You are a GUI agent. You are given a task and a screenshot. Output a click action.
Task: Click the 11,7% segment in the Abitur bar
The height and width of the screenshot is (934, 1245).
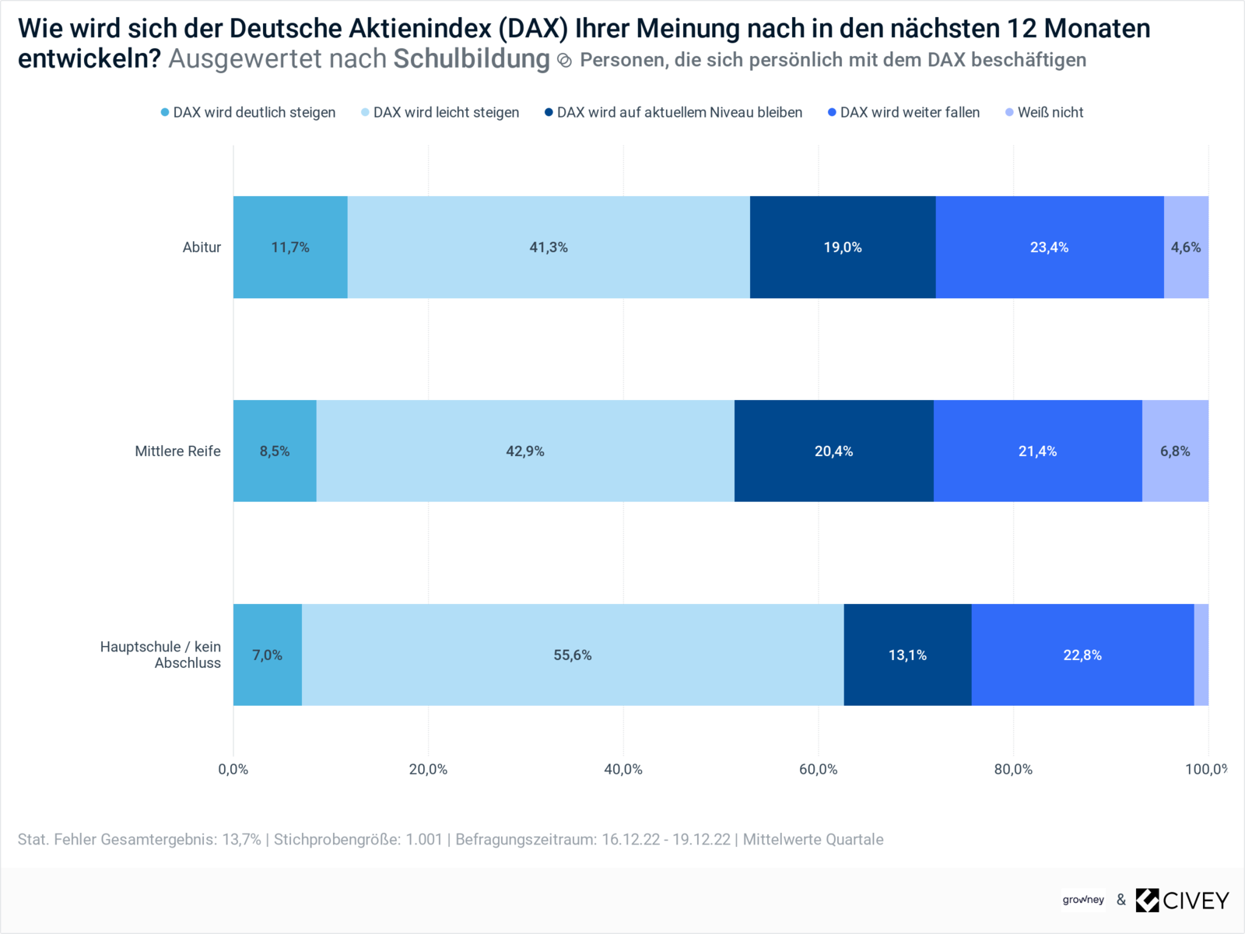click(x=290, y=248)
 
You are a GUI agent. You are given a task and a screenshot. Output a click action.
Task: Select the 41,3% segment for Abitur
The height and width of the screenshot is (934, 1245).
click(x=549, y=248)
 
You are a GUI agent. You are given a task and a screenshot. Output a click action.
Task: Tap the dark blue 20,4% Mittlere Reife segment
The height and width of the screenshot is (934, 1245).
click(x=833, y=451)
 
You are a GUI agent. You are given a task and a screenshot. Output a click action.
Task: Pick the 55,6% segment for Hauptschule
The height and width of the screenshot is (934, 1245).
click(x=573, y=655)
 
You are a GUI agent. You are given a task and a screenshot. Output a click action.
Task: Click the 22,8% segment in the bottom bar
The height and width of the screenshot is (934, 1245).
click(x=1082, y=655)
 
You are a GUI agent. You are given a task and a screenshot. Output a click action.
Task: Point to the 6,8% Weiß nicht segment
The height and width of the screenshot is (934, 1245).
click(x=1175, y=451)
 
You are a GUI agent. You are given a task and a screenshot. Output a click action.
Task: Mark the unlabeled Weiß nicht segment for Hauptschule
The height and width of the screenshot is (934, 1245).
click(x=1201, y=655)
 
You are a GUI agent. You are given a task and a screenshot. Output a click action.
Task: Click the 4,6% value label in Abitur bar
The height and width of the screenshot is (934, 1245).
click(x=1186, y=248)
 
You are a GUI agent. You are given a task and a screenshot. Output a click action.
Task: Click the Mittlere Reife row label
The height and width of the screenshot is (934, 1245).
click(x=177, y=451)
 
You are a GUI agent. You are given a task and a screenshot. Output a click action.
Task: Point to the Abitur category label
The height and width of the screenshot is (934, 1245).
click(x=202, y=248)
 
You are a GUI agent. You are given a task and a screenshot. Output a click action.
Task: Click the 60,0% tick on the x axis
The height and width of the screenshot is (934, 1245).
click(x=818, y=770)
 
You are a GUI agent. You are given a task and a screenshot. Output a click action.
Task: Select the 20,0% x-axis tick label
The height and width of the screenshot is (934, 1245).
click(x=428, y=770)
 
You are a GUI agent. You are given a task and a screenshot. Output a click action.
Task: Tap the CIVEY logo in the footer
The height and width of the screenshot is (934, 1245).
click(x=1183, y=901)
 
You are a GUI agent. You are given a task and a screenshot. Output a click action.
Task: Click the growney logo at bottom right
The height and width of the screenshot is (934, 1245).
click(x=1083, y=900)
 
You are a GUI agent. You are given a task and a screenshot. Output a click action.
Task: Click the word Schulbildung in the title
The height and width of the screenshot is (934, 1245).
click(x=472, y=59)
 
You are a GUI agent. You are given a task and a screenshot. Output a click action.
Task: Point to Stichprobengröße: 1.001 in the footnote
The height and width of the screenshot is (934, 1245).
click(x=358, y=840)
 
